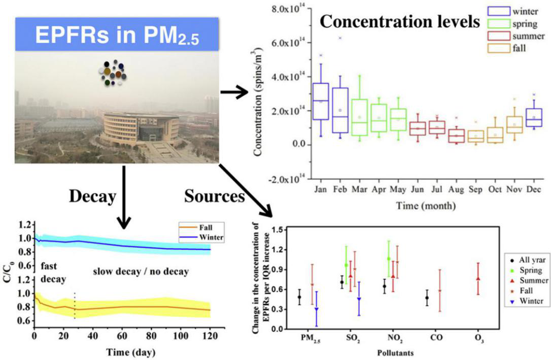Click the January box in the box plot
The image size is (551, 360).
point(321,101)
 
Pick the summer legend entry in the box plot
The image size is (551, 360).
point(513,37)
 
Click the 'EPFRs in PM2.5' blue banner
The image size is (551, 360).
point(117,35)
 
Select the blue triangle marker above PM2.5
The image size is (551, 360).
point(317,309)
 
